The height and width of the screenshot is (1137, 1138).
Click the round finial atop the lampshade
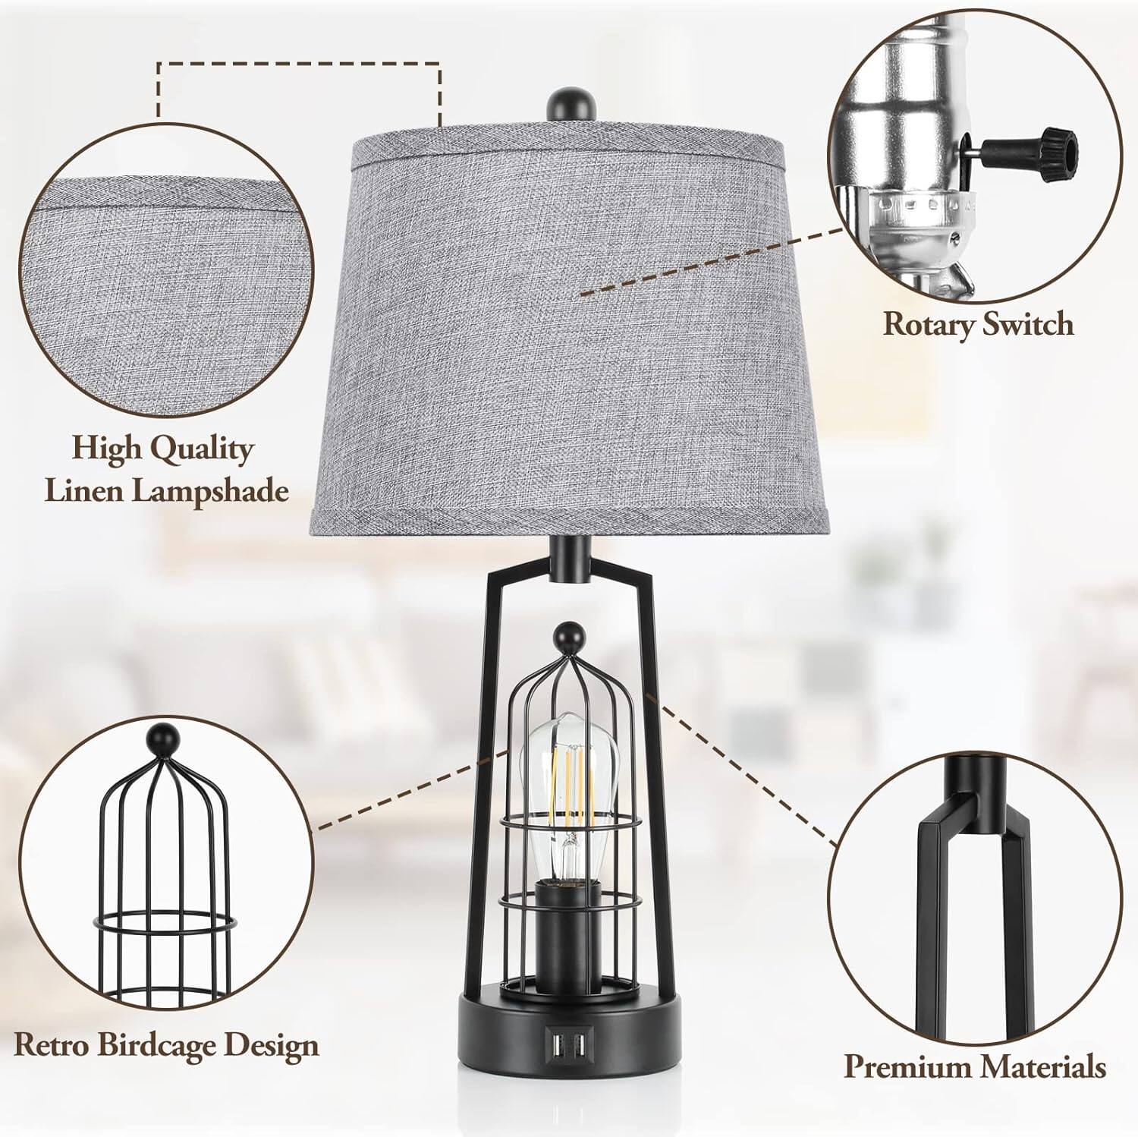click(570, 104)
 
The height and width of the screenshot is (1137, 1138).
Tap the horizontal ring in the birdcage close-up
click(164, 924)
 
